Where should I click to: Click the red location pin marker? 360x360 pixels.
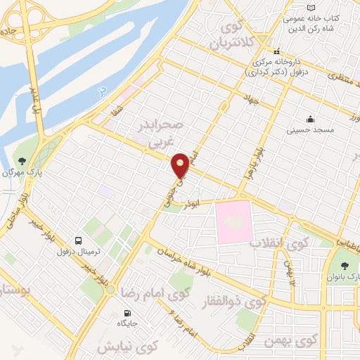(x=181, y=165)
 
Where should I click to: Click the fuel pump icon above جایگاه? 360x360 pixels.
(x=127, y=314)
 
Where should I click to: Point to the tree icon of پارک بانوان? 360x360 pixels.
(x=345, y=266)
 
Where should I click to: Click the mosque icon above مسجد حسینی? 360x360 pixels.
(x=309, y=120)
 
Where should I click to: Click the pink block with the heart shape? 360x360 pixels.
(x=233, y=221)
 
